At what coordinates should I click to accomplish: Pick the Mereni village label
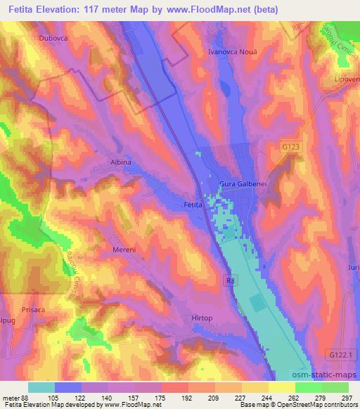click(123, 249)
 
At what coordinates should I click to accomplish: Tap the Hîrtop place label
click(202, 318)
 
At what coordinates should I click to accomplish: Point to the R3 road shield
click(229, 280)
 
